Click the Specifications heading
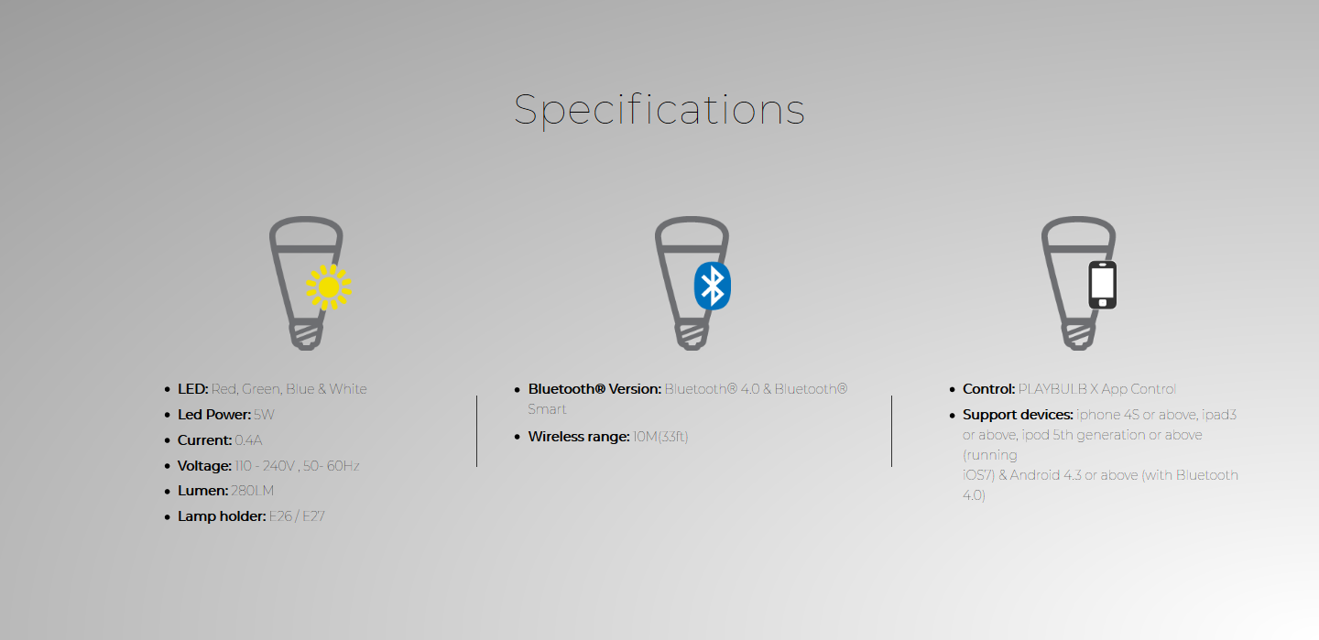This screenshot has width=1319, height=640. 659,110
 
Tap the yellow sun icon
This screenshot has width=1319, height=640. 329,287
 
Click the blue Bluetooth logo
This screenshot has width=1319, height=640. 713,287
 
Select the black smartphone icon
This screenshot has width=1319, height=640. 1102,285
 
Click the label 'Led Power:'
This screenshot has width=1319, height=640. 214,415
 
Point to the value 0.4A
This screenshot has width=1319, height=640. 248,440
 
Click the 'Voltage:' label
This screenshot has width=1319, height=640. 204,466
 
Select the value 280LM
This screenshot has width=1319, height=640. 252,491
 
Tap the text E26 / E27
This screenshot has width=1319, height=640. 297,516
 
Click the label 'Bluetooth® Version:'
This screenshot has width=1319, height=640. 594,389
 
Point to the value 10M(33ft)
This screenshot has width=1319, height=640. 660,437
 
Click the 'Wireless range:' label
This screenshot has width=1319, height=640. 579,437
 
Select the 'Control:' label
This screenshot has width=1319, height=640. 988,389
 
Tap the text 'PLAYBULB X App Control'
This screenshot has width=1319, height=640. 1097,389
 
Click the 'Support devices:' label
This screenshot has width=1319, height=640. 1019,415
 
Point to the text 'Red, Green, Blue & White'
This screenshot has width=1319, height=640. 289,389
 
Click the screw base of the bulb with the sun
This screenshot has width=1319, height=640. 306,336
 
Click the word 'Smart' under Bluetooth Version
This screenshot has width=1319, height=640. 547,409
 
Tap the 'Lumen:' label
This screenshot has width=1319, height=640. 202,491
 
